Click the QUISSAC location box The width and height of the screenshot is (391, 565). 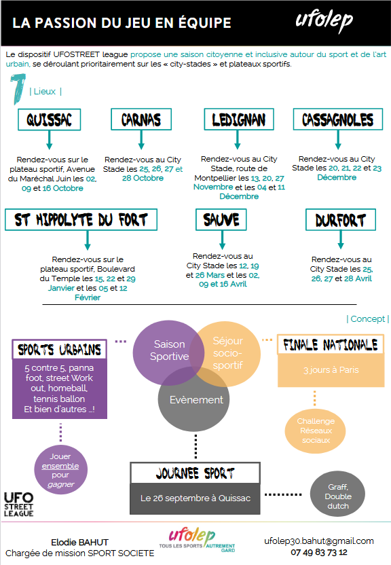pyautogui.click(x=50, y=120)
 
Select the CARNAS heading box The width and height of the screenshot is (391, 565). pyautogui.click(x=141, y=120)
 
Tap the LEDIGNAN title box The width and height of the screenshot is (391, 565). pyautogui.click(x=239, y=120)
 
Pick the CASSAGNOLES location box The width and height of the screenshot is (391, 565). pyautogui.click(x=338, y=120)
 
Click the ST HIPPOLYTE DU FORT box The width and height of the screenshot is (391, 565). pyautogui.click(x=81, y=219)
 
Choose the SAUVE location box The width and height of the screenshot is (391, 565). pyautogui.click(x=221, y=219)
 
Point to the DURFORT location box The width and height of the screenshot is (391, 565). pyautogui.click(x=341, y=219)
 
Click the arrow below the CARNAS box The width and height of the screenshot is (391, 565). pyautogui.click(x=141, y=140)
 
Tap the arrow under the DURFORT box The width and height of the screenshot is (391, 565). pyautogui.click(x=341, y=240)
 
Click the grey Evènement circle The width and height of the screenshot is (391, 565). pyautogui.click(x=193, y=399)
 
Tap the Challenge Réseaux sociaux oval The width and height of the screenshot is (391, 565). pyautogui.click(x=315, y=431)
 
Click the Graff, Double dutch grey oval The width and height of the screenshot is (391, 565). pyautogui.click(x=338, y=494)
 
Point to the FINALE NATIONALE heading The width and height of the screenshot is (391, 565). pyautogui.click(x=331, y=345)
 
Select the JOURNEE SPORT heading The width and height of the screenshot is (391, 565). pyautogui.click(x=195, y=473)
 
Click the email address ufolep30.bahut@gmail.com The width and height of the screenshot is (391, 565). pyautogui.click(x=319, y=541)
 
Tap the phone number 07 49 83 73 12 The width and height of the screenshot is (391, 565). pyautogui.click(x=319, y=552)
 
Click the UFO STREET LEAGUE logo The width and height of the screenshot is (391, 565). pyautogui.click(x=19, y=505)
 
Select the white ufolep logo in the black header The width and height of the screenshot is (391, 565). pyautogui.click(x=324, y=22)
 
